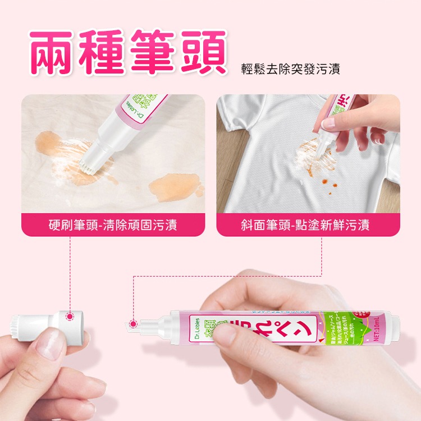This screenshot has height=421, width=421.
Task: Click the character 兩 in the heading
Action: [53, 52]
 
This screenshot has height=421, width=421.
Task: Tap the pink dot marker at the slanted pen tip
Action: [134, 324]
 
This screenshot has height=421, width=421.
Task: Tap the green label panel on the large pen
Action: [334, 328]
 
